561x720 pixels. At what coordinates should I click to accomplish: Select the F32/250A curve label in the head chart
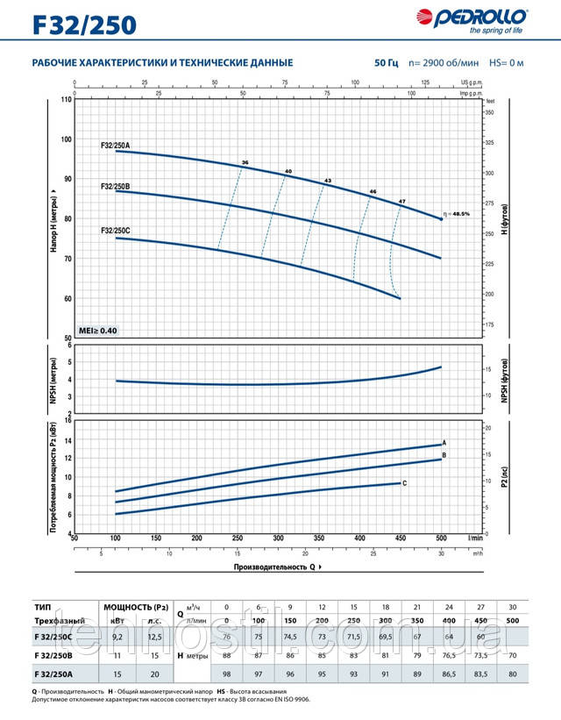coord(116,145)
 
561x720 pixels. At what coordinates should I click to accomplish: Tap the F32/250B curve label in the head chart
coord(116,186)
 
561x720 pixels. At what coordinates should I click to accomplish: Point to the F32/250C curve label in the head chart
coord(116,231)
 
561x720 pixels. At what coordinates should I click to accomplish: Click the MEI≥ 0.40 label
coord(97,330)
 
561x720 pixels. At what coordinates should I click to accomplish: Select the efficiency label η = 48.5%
coord(463,213)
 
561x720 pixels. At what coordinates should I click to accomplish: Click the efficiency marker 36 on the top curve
coord(245,163)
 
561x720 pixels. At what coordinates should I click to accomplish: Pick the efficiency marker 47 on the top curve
coord(402,202)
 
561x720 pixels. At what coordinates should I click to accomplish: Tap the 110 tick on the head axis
coord(66,100)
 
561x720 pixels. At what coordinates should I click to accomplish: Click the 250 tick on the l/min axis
coord(237,538)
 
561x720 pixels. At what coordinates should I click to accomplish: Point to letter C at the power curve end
coord(404,483)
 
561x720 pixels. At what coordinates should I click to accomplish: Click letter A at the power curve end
coord(445,443)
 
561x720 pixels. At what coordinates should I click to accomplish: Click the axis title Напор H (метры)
coord(54,218)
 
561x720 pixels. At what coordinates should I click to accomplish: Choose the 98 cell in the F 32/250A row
coord(226,672)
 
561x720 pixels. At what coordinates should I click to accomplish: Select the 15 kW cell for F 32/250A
coord(117,672)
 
